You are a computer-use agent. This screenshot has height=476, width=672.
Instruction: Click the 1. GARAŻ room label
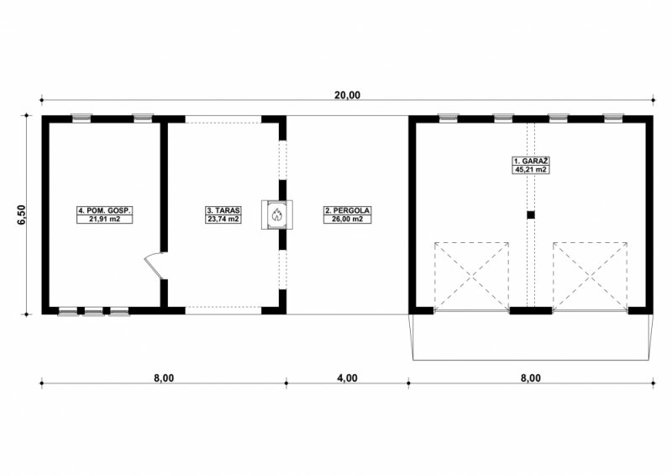(x=531, y=161)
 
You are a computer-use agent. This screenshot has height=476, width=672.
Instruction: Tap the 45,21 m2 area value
(x=531, y=169)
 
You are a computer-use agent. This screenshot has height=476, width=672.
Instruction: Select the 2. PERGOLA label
(x=347, y=210)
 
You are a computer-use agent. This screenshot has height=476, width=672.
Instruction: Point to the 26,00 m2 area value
(x=347, y=219)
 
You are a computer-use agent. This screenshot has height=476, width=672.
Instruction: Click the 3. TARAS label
(x=223, y=210)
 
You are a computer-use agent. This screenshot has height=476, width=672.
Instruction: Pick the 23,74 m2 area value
(x=223, y=219)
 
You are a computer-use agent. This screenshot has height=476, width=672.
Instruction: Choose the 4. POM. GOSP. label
(x=104, y=210)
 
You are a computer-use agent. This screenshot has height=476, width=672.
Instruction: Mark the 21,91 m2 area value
(x=104, y=219)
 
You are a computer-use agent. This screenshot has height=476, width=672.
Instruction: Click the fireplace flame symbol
(x=277, y=214)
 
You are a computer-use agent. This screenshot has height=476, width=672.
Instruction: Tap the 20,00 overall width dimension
(x=348, y=95)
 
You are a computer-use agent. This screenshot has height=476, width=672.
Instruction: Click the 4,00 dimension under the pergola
(x=347, y=378)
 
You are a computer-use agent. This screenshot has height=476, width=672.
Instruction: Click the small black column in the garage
(x=531, y=215)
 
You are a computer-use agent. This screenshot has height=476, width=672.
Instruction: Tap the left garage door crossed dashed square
(x=472, y=276)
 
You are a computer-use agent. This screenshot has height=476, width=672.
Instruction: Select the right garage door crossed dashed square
(x=591, y=276)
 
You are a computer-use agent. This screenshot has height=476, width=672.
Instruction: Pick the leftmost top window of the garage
(x=449, y=118)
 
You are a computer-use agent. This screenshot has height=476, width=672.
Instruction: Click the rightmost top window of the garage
(x=613, y=118)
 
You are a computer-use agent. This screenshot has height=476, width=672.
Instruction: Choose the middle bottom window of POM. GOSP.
(x=93, y=311)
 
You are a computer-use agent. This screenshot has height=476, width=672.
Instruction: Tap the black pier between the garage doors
(x=531, y=311)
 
